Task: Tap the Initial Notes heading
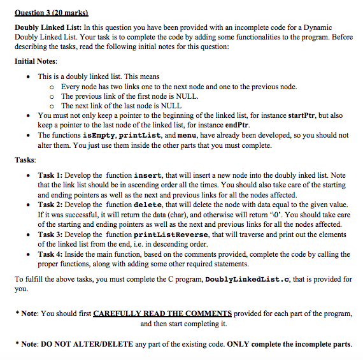(36, 62)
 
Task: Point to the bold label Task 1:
(50, 175)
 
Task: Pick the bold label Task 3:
(50, 234)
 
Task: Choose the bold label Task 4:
(50, 254)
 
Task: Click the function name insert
(152, 175)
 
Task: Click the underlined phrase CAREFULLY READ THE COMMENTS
(163, 314)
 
